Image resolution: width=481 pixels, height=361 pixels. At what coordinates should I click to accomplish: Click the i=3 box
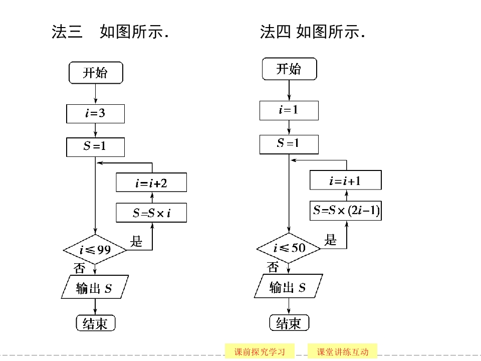[x=95, y=113]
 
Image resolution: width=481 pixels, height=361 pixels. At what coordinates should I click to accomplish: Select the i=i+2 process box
[x=151, y=183]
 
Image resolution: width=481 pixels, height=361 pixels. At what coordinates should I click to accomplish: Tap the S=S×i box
[x=151, y=213]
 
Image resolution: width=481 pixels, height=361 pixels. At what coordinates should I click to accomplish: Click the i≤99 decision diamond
[x=95, y=249]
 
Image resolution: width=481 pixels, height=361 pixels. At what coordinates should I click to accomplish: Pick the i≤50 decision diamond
[x=289, y=248]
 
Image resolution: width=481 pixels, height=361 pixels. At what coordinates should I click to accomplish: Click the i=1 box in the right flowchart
[x=289, y=110]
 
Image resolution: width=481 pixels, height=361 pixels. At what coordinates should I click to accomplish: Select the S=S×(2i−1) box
[x=346, y=211]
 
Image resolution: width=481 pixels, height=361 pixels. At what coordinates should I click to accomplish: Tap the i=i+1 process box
[x=346, y=180]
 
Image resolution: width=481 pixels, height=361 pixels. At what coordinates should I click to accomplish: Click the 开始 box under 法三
[x=95, y=73]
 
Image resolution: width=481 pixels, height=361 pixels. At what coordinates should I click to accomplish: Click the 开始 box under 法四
[x=289, y=69]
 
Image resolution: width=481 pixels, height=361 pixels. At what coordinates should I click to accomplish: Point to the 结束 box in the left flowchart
[x=95, y=323]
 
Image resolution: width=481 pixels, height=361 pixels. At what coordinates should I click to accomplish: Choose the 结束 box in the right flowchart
[x=289, y=323]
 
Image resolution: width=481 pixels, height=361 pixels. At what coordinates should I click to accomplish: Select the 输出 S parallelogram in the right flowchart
[x=289, y=287]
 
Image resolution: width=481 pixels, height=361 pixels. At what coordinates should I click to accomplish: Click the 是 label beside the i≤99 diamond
[x=136, y=242]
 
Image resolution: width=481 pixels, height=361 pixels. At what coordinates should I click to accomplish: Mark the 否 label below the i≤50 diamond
[x=273, y=267]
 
